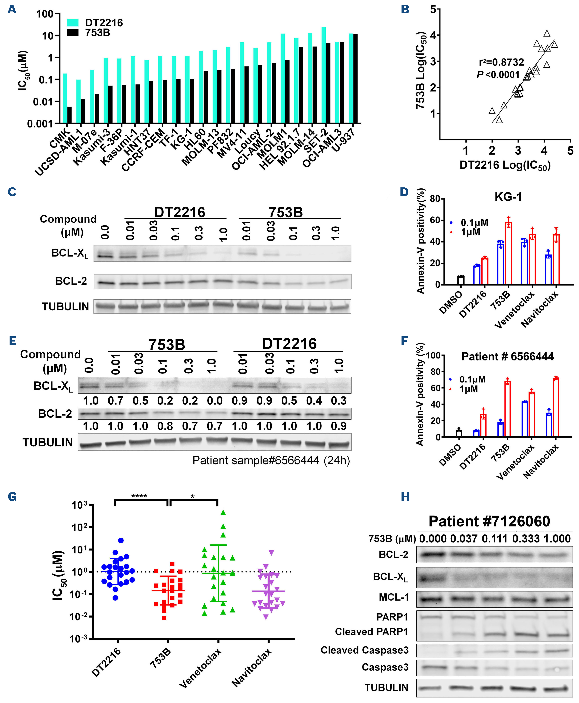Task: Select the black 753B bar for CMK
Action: pos(69,115)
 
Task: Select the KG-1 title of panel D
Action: pos(508,197)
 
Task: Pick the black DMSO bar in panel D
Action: pos(461,280)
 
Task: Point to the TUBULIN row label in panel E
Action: pos(48,442)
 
